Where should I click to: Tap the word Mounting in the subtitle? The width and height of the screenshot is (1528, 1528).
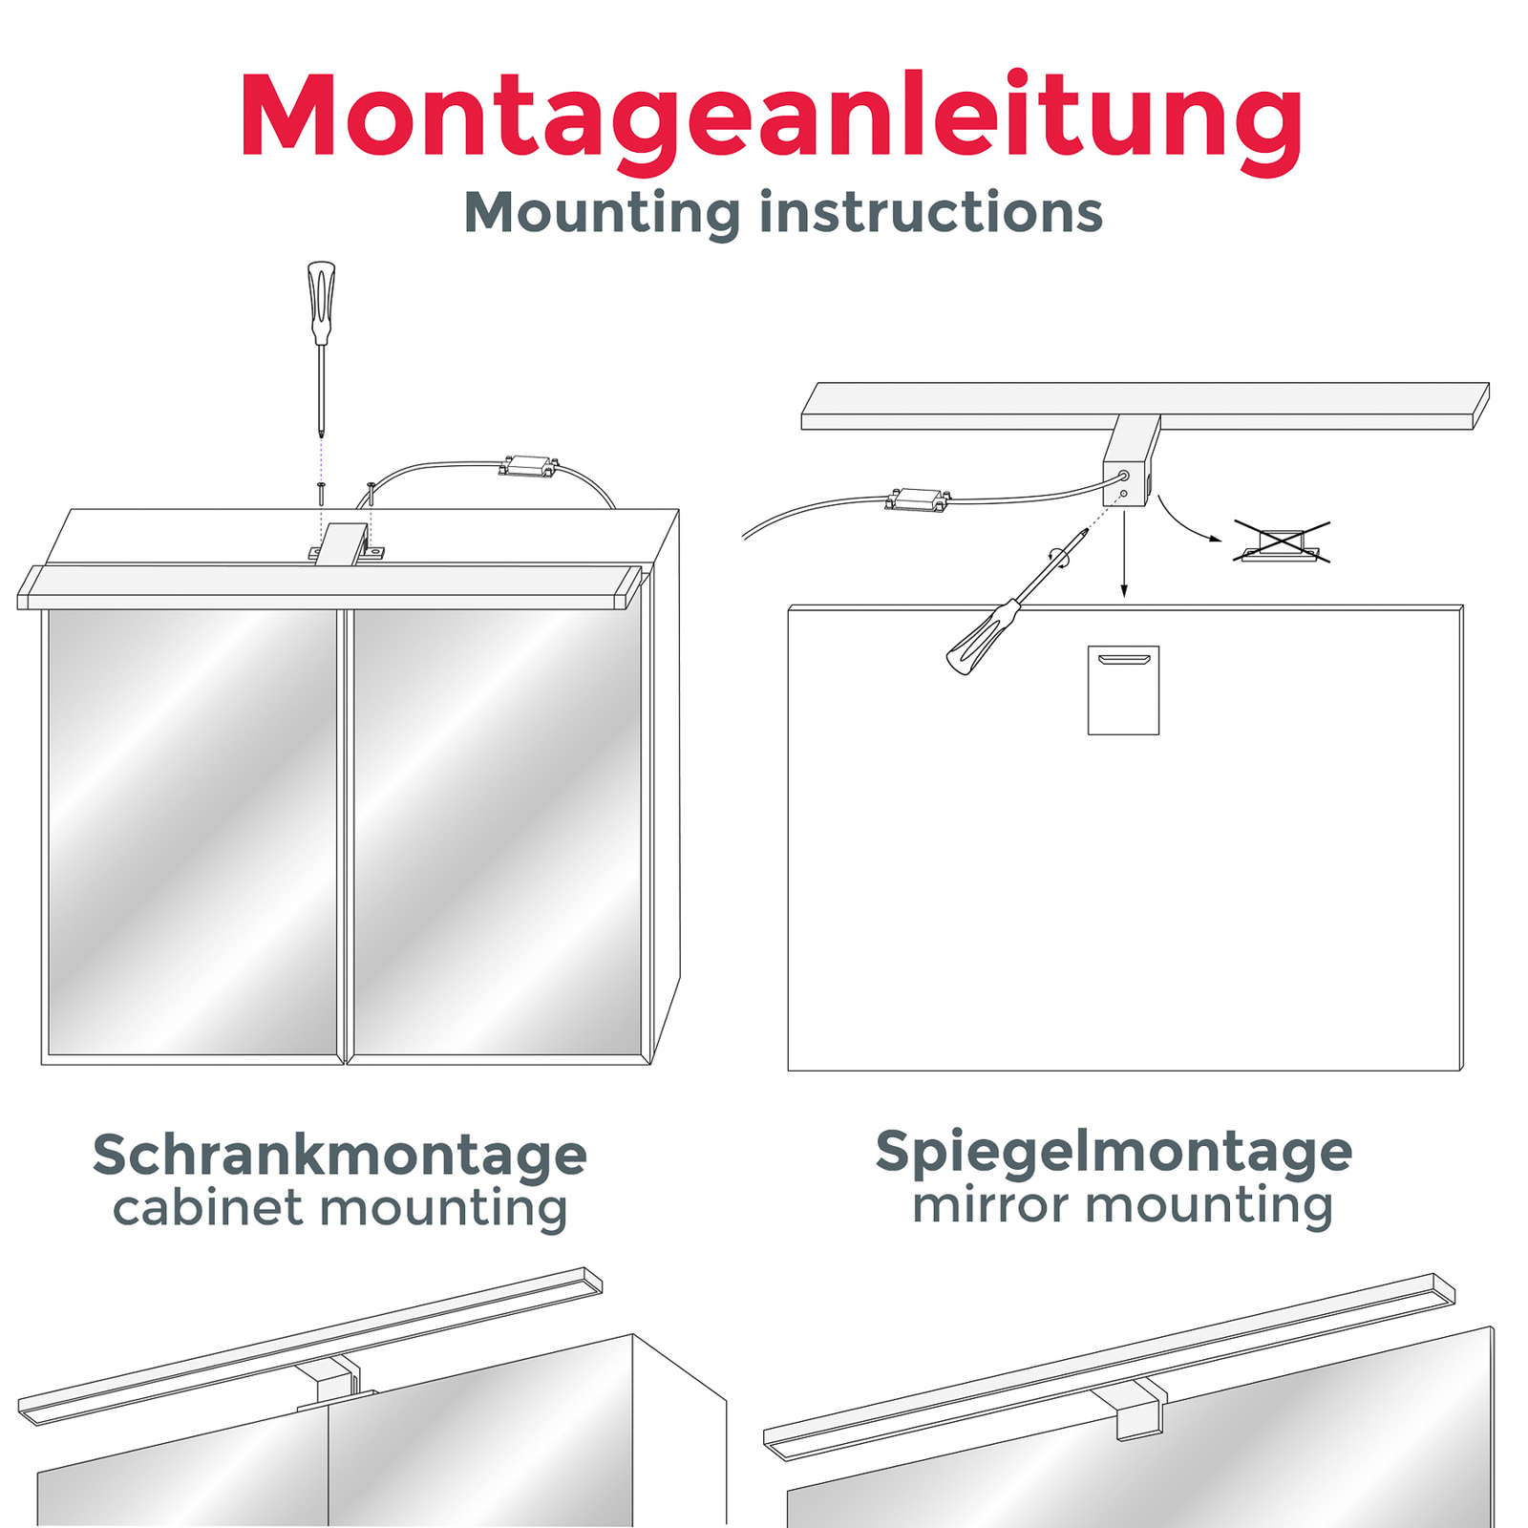(602, 214)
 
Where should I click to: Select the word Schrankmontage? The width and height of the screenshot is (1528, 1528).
(340, 1157)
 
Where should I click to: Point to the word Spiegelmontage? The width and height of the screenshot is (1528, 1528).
(1114, 1153)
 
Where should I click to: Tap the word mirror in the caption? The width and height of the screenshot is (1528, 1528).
(990, 1205)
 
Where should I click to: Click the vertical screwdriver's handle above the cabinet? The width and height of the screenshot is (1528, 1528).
(322, 302)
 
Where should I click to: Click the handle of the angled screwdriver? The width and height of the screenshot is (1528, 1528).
(981, 637)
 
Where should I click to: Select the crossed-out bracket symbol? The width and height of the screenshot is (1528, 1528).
(1281, 541)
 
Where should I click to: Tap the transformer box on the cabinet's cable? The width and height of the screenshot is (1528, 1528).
(528, 466)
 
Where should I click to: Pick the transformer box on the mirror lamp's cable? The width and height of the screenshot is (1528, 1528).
(919, 499)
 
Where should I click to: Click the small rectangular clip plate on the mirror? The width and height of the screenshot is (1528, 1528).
(1123, 690)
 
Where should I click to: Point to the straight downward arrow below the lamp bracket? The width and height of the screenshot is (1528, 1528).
(1124, 554)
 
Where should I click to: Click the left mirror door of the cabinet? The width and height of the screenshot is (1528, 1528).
(192, 833)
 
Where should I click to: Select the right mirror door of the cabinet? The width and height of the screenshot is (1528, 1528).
(498, 833)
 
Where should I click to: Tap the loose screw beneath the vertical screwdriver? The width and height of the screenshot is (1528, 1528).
(321, 494)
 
